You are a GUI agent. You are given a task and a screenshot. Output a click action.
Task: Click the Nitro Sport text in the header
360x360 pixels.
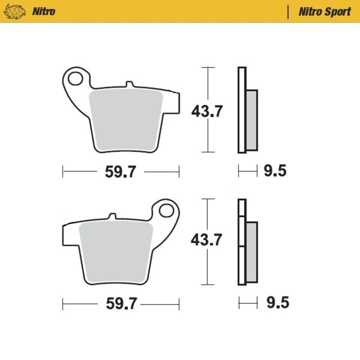pyautogui.click(x=324, y=11)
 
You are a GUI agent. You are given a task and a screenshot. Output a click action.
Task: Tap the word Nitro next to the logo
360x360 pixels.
pyautogui.click(x=44, y=11)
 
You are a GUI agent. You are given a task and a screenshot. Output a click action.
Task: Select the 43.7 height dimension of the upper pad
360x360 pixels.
pyautogui.click(x=207, y=111)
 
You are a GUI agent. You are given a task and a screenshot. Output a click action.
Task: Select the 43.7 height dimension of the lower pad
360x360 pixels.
pyautogui.click(x=207, y=241)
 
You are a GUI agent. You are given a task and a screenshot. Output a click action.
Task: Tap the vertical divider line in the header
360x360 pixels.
pyautogui.click(x=288, y=12)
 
